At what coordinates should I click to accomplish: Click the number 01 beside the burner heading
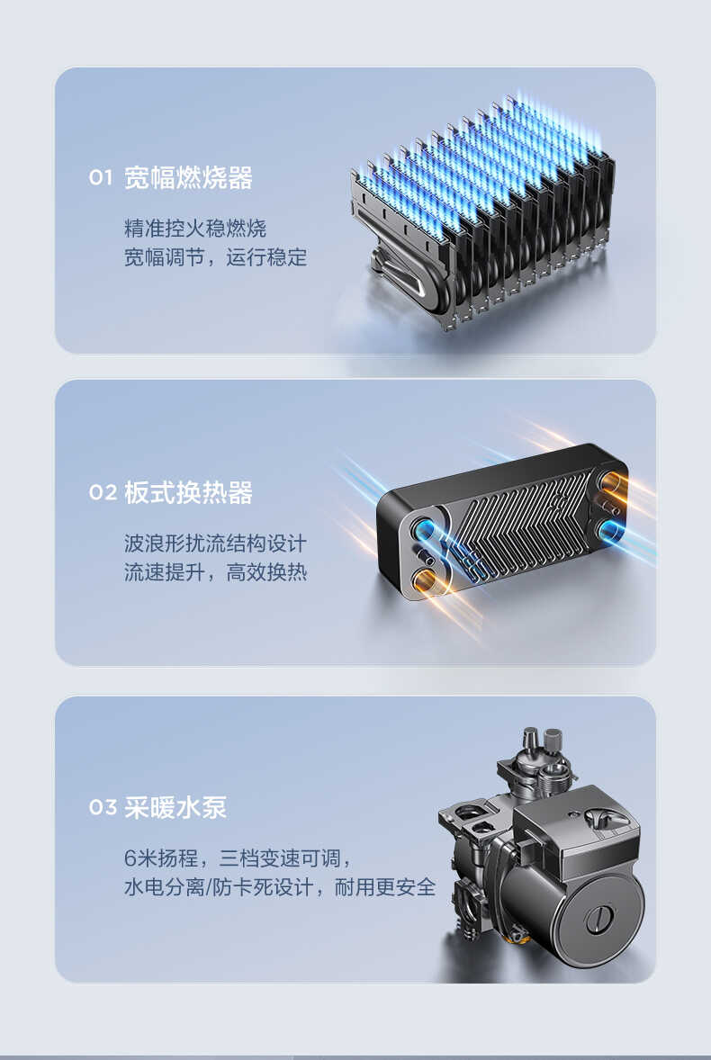101,178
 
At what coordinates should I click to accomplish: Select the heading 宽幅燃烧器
188,178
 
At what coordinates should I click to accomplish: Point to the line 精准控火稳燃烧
195,228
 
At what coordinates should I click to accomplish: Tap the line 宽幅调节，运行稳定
215,257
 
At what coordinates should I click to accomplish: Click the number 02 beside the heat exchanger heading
102,493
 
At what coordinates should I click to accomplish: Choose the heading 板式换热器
188,493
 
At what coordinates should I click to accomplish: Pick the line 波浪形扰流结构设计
215,543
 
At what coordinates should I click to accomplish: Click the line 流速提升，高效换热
215,572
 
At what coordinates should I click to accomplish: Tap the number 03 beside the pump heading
102,807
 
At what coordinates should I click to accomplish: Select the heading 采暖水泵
175,807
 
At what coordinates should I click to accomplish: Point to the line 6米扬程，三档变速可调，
237,858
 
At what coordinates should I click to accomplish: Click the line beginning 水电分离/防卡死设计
279,887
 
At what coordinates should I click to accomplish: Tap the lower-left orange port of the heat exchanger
423,579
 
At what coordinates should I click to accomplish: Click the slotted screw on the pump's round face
598,921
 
